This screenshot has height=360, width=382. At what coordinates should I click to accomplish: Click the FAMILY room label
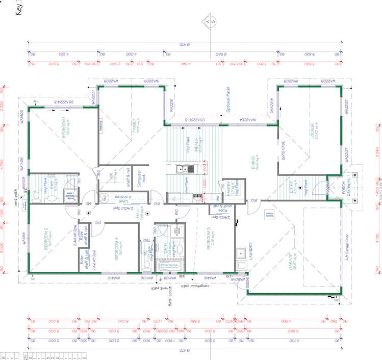[135, 125]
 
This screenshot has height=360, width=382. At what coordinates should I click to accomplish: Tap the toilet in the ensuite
[37, 195]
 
